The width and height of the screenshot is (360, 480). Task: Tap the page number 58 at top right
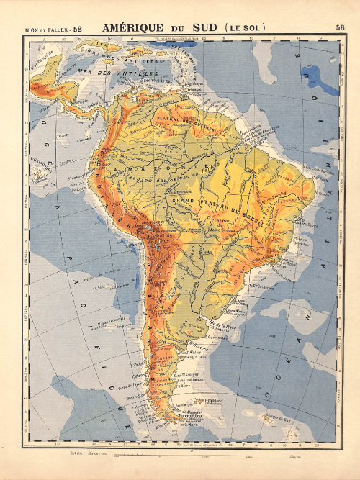click(339, 27)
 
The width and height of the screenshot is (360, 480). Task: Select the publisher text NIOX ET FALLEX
click(45, 28)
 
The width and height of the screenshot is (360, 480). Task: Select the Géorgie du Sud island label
click(283, 417)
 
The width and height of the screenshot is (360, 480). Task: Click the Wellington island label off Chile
click(134, 396)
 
